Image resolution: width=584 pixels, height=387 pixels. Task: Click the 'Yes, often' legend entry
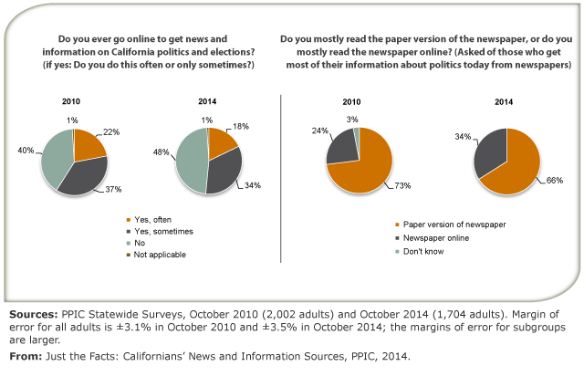[152, 219]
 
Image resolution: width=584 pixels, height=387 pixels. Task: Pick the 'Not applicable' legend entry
[160, 254]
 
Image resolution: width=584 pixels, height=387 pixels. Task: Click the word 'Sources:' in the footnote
[30, 314]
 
